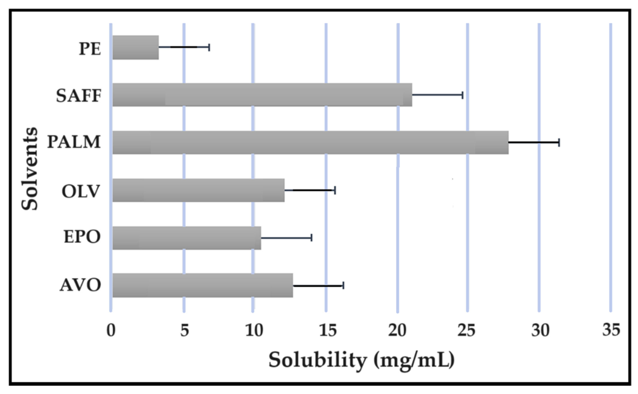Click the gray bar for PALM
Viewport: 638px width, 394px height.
pyautogui.click(x=310, y=142)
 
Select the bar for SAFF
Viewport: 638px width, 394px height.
pyautogui.click(x=262, y=95)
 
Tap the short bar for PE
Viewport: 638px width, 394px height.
pyautogui.click(x=136, y=47)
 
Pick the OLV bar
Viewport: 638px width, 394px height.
pyautogui.click(x=198, y=190)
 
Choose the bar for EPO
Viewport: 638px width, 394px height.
pyautogui.click(x=187, y=238)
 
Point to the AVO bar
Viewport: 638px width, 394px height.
pyautogui.click(x=203, y=285)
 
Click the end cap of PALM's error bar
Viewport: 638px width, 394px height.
pyautogui.click(x=559, y=142)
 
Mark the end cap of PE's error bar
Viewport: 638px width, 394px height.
pyautogui.click(x=209, y=47)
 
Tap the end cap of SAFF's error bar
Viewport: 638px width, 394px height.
pyautogui.click(x=462, y=95)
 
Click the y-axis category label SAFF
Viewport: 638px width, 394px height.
pyautogui.click(x=78, y=96)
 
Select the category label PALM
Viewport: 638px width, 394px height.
pyautogui.click(x=74, y=142)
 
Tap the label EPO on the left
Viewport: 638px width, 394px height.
pyautogui.click(x=82, y=237)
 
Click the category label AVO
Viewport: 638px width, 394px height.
pyautogui.click(x=80, y=285)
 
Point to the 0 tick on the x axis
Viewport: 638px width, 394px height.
pyautogui.click(x=111, y=330)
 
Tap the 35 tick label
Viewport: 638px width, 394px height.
pyautogui.click(x=611, y=330)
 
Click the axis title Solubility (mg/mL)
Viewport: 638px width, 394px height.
pyautogui.click(x=361, y=360)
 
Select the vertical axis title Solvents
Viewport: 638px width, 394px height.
pyautogui.click(x=29, y=169)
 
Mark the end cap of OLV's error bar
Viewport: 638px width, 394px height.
pyautogui.click(x=335, y=190)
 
